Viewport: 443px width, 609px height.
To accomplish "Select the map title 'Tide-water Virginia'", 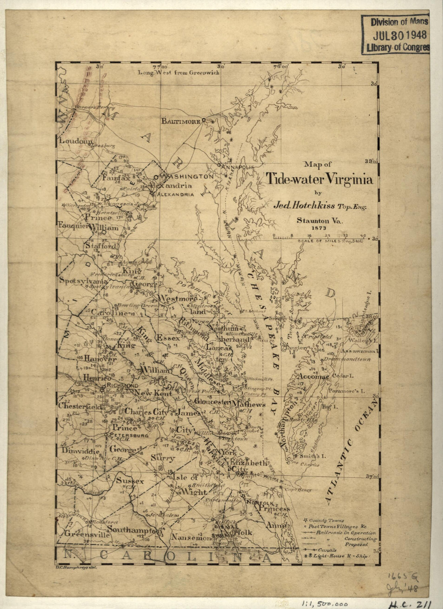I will click(319, 179).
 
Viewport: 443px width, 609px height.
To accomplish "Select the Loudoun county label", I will click(76, 141).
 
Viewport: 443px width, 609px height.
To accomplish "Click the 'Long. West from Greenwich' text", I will click(178, 72).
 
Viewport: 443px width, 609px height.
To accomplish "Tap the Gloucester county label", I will click(212, 402).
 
